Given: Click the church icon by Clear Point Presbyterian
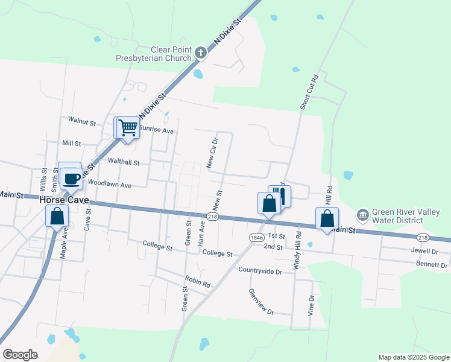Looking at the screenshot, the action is [x=201, y=54].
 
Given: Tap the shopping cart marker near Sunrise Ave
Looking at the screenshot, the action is [x=127, y=128].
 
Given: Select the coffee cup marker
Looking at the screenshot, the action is [x=71, y=179].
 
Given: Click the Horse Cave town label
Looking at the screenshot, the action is [x=65, y=200].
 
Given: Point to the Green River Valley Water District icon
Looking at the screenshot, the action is [x=362, y=214].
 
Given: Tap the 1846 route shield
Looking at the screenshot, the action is [x=256, y=237].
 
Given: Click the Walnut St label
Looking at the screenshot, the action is [x=82, y=122].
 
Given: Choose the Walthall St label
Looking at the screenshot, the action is [x=123, y=162].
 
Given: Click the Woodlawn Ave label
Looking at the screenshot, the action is [x=109, y=183].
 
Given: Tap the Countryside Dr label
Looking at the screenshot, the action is [x=260, y=271].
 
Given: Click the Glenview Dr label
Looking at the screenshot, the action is [x=261, y=302].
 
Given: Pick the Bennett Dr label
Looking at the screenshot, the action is [x=432, y=265].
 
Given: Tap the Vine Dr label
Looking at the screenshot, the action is [x=311, y=306].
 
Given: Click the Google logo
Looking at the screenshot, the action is [x=20, y=355].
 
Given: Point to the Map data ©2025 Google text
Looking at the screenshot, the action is [x=413, y=357].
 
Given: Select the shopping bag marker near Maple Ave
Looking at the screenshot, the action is [x=57, y=216].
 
